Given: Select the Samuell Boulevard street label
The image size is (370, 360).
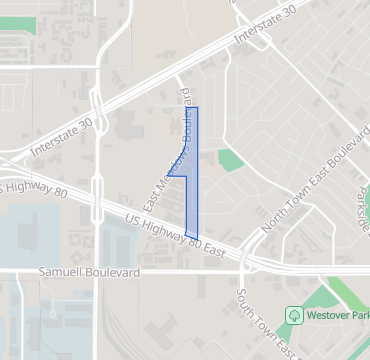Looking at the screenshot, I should coord(85,272).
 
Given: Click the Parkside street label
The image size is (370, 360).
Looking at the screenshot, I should coord(362,205).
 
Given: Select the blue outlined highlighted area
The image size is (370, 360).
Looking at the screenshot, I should coord(192,170).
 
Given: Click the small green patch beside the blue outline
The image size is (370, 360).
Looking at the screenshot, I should coord(231,159).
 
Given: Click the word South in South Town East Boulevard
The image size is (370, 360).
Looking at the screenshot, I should coord(243,303).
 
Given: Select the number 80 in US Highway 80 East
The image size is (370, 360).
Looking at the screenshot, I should coord(195,240).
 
